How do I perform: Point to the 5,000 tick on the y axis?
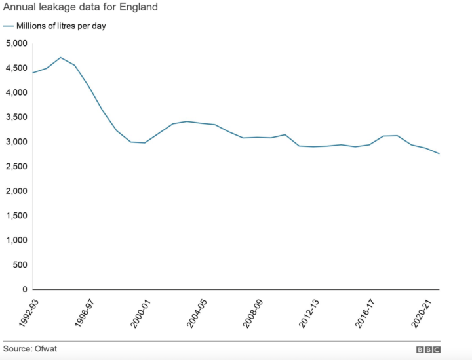[16, 43]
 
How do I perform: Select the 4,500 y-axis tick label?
[16, 68]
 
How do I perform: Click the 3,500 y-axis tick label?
[16, 117]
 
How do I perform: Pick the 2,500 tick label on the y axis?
[16, 167]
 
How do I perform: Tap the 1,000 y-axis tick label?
[16, 240]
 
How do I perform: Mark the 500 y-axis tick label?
[20, 265]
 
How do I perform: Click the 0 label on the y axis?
[24, 289]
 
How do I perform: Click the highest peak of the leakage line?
[60, 58]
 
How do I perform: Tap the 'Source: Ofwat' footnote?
[30, 348]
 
